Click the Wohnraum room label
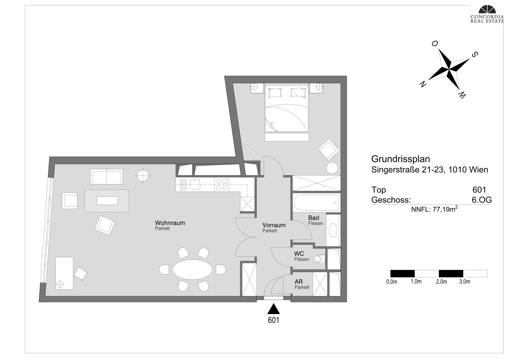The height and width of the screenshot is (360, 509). [x=170, y=223]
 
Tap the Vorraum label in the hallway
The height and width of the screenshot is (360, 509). [x=274, y=225]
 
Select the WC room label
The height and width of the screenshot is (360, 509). [x=299, y=253]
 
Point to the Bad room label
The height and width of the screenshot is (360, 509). [x=314, y=218]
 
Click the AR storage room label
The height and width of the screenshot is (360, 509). [x=299, y=282]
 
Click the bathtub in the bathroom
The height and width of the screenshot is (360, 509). [x=316, y=202]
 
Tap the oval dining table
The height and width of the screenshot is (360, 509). [x=192, y=270]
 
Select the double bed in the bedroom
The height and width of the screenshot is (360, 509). [x=287, y=108]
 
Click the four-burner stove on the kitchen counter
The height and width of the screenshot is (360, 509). [x=222, y=184]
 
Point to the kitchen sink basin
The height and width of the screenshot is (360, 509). [x=195, y=184]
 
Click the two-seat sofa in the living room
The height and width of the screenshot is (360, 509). [x=106, y=177]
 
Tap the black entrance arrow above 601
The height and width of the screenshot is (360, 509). [x=273, y=309]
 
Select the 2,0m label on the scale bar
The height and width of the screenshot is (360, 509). [x=441, y=282]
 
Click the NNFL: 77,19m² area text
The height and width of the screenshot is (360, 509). [x=434, y=209]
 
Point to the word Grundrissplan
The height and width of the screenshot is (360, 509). [x=401, y=159]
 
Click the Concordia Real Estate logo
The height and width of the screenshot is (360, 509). [x=487, y=14]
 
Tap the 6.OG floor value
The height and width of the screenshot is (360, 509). [x=482, y=200]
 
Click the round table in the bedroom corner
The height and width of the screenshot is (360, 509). [x=332, y=168]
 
